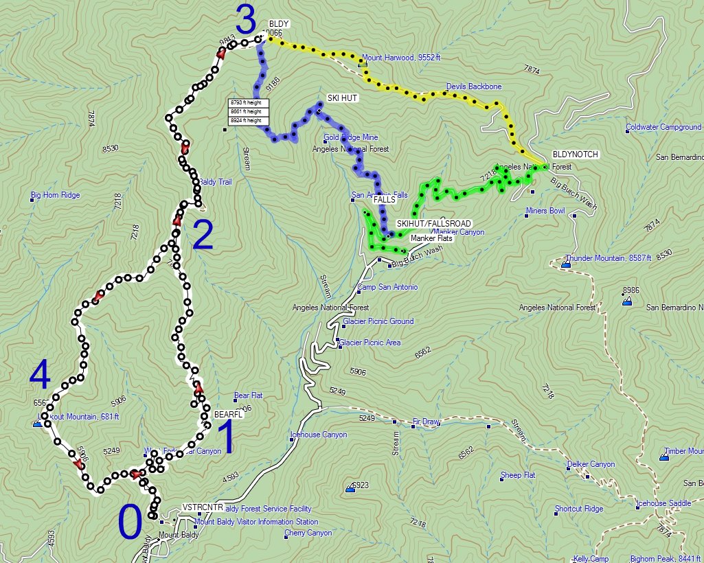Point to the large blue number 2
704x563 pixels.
coord(203,235)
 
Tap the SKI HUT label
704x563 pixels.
coord(342,98)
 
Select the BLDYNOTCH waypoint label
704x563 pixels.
coord(575,155)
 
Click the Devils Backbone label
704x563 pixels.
coord(474,87)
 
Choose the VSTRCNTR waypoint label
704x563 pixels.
coord(203,507)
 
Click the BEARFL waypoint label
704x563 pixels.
coord(229,415)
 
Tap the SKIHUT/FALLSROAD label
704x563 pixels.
coord(434,224)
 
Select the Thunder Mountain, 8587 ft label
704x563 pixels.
coord(606,259)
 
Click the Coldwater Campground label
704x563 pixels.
coord(663,127)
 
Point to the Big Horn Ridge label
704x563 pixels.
coord(55,195)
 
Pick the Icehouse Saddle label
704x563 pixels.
coord(663,503)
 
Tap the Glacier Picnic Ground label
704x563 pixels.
coord(378,321)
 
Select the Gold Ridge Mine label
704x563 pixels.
coord(351,137)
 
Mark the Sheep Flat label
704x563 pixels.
coord(518,475)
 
